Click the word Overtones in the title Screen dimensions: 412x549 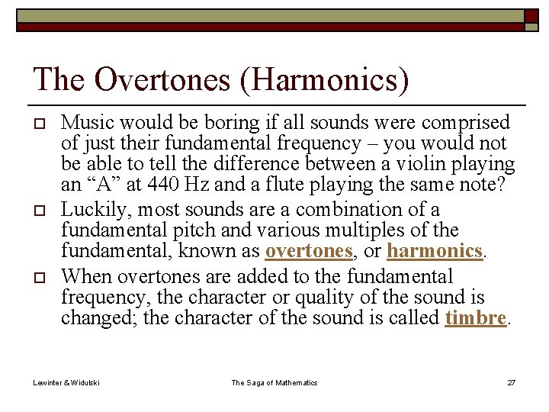click(159, 79)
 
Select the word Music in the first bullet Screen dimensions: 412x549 click(84, 122)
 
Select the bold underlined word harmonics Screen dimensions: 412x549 click(435, 250)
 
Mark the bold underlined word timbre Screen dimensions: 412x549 click(475, 317)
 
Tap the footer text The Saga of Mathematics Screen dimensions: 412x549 click(274, 382)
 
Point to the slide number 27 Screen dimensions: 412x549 click(511, 382)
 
